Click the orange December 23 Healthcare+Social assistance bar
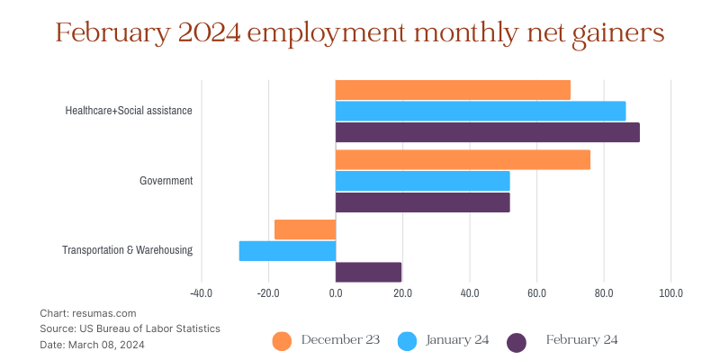coord(453,90)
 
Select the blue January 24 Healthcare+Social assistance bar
coord(481,111)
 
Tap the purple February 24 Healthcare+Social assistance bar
coord(487,132)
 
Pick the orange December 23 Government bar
coord(463,159)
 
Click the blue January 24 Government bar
coord(422,181)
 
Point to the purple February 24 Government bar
coord(422,202)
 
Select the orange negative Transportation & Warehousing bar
coord(305,229)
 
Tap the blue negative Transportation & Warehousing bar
coord(287,250)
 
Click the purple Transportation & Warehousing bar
coord(368,272)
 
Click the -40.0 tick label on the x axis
coord(201,292)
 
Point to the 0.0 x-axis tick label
coord(335,292)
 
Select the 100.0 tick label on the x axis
coord(670,292)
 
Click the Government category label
coord(166,181)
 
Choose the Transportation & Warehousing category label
coord(127,250)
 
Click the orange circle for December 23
coord(282,341)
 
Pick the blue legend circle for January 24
coord(407,341)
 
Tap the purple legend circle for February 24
coord(517,341)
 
